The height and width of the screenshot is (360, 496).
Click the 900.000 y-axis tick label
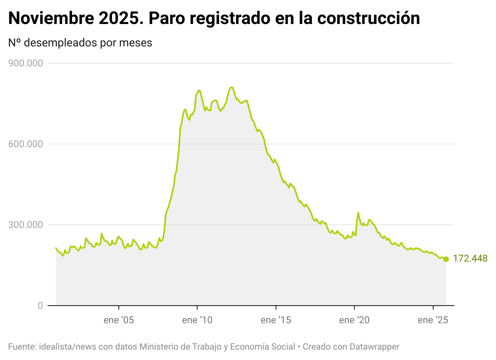click(26, 63)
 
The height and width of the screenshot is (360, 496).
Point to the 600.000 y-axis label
click(26, 144)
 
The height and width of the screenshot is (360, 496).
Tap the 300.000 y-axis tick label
click(26, 225)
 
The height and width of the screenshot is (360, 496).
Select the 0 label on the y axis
click(40, 306)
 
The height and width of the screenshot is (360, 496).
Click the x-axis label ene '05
click(119, 320)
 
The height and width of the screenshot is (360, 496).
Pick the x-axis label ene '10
click(197, 320)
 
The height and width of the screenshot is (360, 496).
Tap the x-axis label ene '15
click(276, 320)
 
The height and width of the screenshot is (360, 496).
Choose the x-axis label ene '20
click(354, 320)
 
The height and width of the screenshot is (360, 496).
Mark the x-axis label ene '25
click(433, 320)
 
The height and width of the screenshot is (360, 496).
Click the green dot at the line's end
click(446, 259)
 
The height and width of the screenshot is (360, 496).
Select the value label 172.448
click(470, 259)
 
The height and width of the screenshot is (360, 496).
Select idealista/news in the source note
click(68, 347)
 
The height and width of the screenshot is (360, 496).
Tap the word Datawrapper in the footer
click(374, 347)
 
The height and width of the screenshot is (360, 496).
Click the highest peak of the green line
click(231, 87)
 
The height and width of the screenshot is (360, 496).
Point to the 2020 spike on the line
click(358, 213)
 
